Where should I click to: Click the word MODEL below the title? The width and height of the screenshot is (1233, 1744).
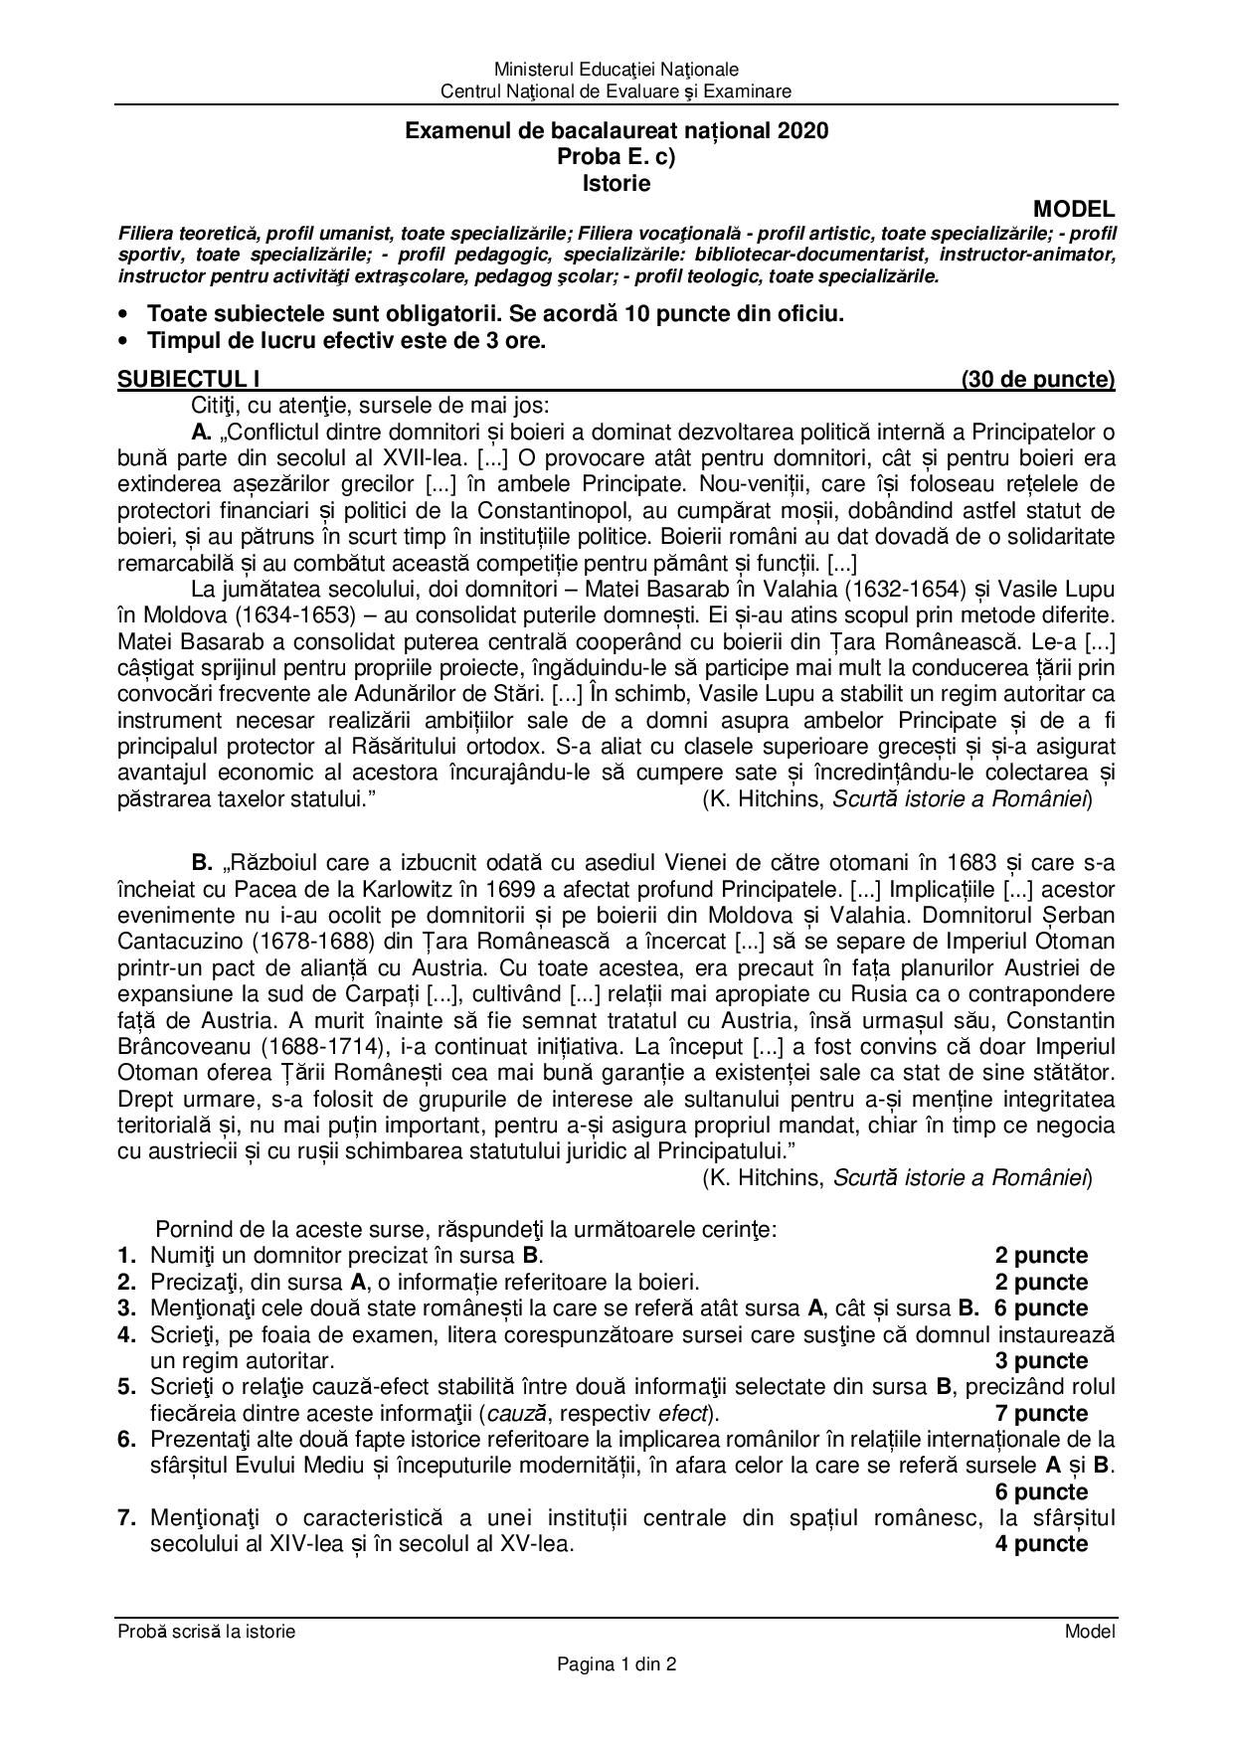click(1074, 209)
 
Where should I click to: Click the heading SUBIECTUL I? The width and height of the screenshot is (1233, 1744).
click(189, 379)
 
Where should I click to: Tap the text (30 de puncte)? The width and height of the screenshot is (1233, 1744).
click(1038, 379)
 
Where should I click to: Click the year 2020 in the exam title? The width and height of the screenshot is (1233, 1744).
click(803, 130)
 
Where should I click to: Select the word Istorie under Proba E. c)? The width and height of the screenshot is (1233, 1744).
click(616, 183)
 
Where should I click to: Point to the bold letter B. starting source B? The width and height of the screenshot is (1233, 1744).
click(203, 862)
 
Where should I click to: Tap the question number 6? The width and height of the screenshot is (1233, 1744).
click(126, 1439)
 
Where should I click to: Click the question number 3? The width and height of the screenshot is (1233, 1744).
click(126, 1308)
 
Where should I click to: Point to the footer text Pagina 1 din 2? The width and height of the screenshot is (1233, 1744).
click(616, 1663)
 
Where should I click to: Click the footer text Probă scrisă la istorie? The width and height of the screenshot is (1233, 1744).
click(207, 1631)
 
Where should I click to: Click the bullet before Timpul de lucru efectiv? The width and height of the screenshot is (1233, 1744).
click(123, 341)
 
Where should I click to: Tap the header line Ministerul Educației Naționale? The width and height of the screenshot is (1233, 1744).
click(616, 70)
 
